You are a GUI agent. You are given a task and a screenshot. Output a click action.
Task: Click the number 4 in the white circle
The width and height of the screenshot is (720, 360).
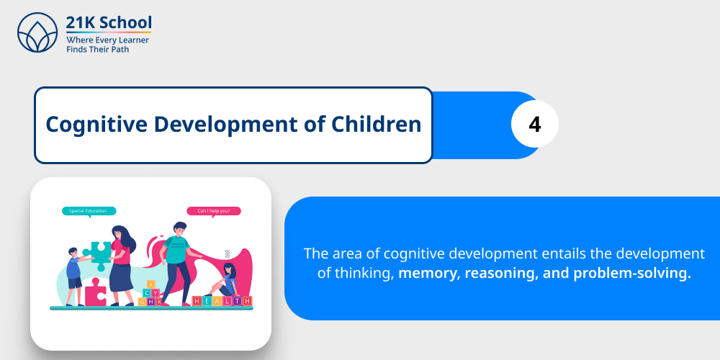coord(534,125)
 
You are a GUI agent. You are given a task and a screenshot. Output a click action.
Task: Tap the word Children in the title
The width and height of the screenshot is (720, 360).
coord(376,125)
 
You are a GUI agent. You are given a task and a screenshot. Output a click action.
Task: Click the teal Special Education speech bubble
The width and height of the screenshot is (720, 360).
coord(88,211)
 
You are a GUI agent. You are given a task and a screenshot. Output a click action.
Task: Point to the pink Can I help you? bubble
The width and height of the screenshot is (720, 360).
coord(214,211)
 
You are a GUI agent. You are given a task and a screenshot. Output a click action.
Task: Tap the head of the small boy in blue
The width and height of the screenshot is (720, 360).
coord(73,253)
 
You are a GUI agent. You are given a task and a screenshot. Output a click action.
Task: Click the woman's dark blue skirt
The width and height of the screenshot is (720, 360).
coord(120,276)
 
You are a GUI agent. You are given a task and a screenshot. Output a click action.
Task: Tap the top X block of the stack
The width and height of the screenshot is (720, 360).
coord(150,284)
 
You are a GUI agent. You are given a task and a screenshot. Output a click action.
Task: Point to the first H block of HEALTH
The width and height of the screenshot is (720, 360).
coord(197,301)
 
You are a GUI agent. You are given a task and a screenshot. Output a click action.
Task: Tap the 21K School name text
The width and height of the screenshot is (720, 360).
coord(109,22)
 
